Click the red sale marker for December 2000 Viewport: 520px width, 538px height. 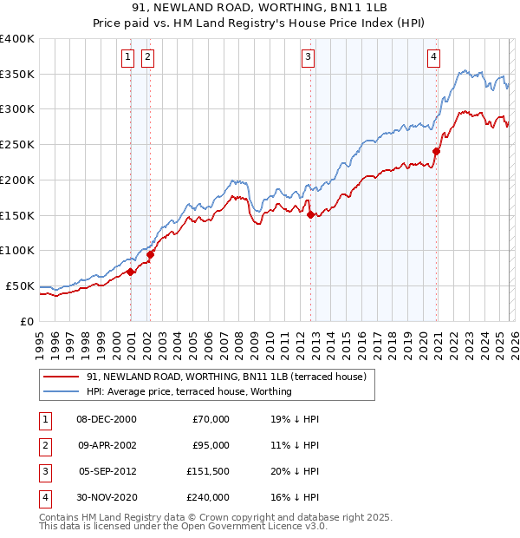[x=131, y=272]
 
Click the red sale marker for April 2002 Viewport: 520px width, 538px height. [x=151, y=254]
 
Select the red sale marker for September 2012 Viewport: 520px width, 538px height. [x=310, y=214]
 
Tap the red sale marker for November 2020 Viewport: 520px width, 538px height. [x=436, y=151]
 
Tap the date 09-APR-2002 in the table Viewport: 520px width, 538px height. [x=107, y=445]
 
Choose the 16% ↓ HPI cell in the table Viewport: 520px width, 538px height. [x=295, y=497]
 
